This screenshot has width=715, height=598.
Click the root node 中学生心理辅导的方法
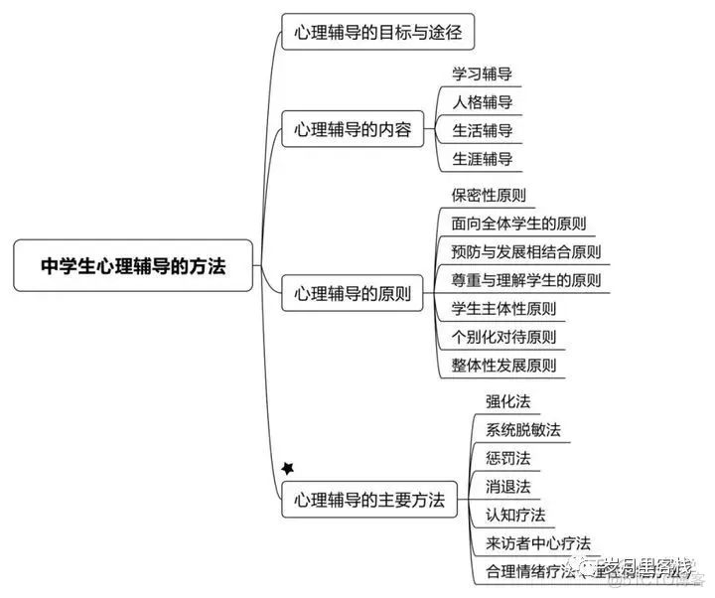pos(133,266)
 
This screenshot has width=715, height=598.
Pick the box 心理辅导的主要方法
pos(368,499)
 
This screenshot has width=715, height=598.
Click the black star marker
pos(288,467)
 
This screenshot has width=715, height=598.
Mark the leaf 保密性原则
pos(489,194)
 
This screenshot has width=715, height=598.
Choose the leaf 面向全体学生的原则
pos(518,223)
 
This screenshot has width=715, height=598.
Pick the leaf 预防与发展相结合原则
pos(525,251)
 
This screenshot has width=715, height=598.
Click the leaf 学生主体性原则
pos(503,308)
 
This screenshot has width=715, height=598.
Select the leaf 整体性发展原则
pos(503,366)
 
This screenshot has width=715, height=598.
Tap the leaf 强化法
pos(507,401)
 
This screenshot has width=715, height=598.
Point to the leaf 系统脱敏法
pos(522,430)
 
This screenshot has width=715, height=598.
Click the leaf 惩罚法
pos(507,458)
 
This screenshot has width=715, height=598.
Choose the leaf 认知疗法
pos(514,515)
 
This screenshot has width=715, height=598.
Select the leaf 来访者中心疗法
pos(537,543)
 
